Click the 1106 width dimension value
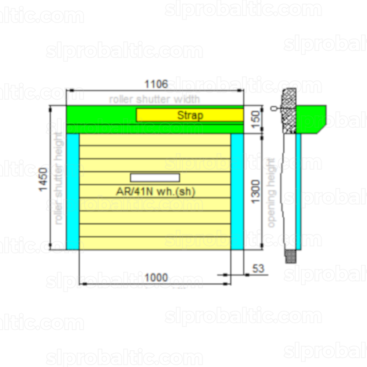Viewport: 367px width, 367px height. pyautogui.click(x=156, y=84)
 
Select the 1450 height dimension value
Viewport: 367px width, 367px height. pyautogui.click(x=43, y=179)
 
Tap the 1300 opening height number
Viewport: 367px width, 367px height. pyautogui.click(x=255, y=192)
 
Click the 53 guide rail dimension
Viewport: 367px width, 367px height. pyautogui.click(x=258, y=269)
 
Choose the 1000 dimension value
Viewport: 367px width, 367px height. pyautogui.click(x=156, y=278)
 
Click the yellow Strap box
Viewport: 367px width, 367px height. pyautogui.click(x=190, y=115)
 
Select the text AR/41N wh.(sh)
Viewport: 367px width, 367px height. pyautogui.click(x=156, y=192)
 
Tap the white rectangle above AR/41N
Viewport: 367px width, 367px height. pyautogui.click(x=155, y=178)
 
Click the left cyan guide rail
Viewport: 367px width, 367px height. pyautogui.click(x=73, y=192)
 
